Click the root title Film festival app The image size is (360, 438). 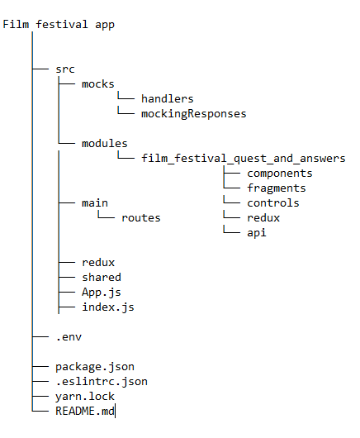click(x=59, y=24)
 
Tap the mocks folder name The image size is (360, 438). click(x=98, y=83)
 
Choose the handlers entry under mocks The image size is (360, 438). click(x=167, y=98)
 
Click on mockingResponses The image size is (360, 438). click(x=193, y=113)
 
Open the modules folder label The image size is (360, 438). click(x=104, y=143)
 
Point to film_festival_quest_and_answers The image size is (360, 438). click(x=243, y=158)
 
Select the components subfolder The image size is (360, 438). click(x=279, y=173)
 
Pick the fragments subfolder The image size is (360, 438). click(x=276, y=188)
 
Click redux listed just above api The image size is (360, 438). click(x=263, y=217)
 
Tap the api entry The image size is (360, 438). click(x=256, y=232)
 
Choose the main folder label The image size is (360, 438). click(x=94, y=202)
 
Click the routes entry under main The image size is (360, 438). click(x=140, y=217)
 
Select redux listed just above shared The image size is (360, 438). click(x=97, y=262)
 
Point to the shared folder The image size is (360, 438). click(x=101, y=277)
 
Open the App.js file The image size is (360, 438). click(x=97, y=292)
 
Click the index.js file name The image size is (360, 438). click(x=107, y=307)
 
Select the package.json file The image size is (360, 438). click(x=94, y=366)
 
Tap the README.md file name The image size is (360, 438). click(x=84, y=411)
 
